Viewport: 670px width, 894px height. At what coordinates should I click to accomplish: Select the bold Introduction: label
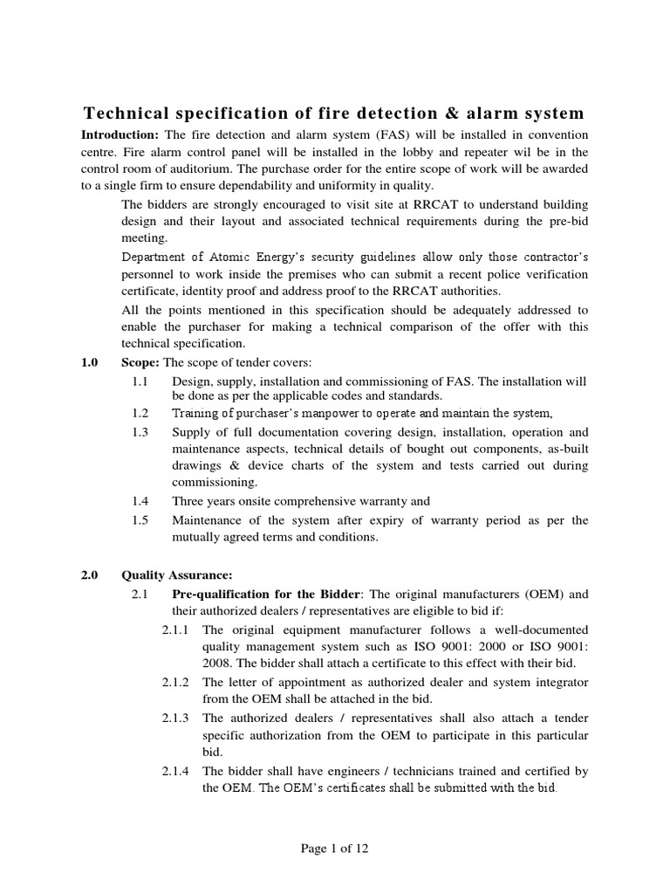pos(120,135)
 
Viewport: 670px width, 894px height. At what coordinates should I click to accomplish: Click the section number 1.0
pos(90,362)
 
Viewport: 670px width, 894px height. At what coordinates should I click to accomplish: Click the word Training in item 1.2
pos(196,413)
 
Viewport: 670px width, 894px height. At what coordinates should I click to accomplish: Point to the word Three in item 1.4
pos(189,501)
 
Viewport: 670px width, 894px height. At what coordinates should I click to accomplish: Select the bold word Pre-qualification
pos(222,595)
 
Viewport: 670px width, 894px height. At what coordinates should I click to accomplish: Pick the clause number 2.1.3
pos(178,718)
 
